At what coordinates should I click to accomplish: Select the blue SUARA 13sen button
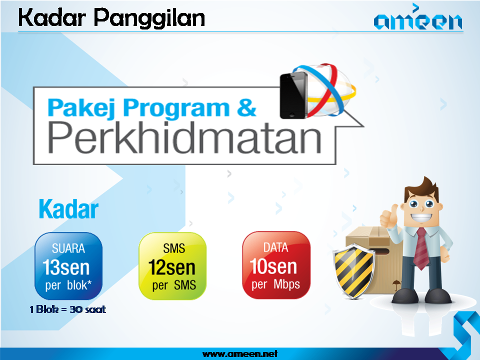click(x=68, y=265)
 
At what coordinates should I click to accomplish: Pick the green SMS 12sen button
click(x=172, y=265)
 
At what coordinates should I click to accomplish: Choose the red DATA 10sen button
click(x=276, y=265)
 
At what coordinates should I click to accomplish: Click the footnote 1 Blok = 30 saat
click(x=68, y=309)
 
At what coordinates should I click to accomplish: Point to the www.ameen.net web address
click(x=239, y=354)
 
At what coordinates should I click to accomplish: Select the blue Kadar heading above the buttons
click(x=68, y=210)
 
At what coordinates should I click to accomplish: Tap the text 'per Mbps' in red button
click(x=276, y=284)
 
